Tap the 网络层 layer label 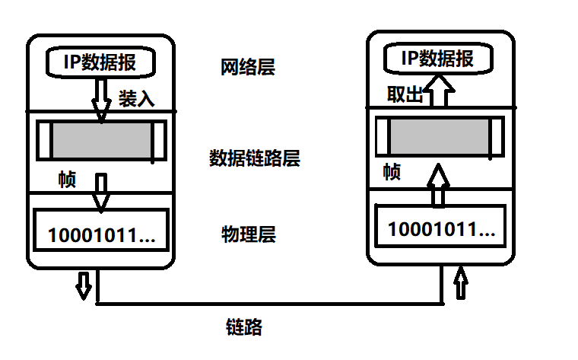[x=247, y=68]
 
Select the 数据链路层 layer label [x=254, y=158]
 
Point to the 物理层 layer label [x=248, y=234]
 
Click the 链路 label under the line [x=244, y=328]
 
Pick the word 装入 [x=137, y=99]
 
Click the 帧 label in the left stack [x=67, y=180]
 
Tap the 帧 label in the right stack [x=392, y=172]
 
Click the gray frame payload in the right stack [x=437, y=137]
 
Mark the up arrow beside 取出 [x=438, y=93]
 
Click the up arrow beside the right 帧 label [x=438, y=184]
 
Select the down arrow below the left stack [x=84, y=285]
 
